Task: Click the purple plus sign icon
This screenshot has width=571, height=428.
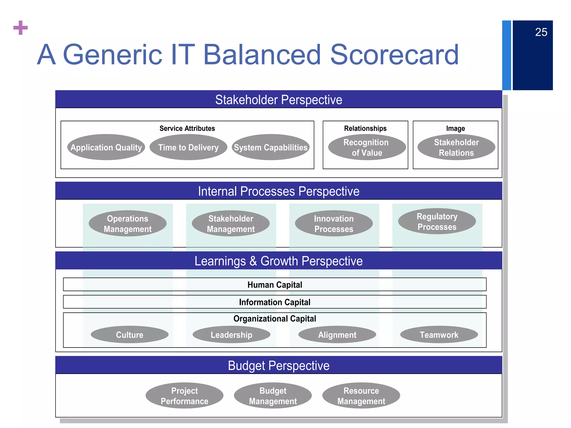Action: point(21,28)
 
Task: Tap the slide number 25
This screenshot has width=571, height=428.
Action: point(541,32)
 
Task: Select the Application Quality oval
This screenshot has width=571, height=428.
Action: point(106,147)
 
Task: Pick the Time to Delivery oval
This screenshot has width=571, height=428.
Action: point(188,147)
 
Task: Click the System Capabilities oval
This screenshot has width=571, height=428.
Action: point(270,147)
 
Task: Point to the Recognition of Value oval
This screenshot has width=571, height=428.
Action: point(367,147)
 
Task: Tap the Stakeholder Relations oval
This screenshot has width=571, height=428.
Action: point(456,147)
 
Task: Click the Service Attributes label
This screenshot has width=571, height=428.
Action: point(187,128)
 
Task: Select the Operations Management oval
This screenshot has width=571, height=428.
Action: point(127,223)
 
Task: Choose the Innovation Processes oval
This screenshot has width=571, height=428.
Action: point(334,223)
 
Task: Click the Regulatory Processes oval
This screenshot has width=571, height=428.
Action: point(437,222)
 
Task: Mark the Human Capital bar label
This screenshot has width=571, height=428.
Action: point(275,285)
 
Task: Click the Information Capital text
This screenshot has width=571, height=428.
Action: point(275,302)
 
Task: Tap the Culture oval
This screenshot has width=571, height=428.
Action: point(129,335)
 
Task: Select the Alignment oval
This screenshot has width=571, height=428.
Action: point(337,335)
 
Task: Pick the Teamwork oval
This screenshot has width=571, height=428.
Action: point(439,335)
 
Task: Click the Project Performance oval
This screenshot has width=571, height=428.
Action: point(184,396)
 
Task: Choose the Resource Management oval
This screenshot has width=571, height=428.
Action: point(361,396)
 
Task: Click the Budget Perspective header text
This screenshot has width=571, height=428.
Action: point(279,366)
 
